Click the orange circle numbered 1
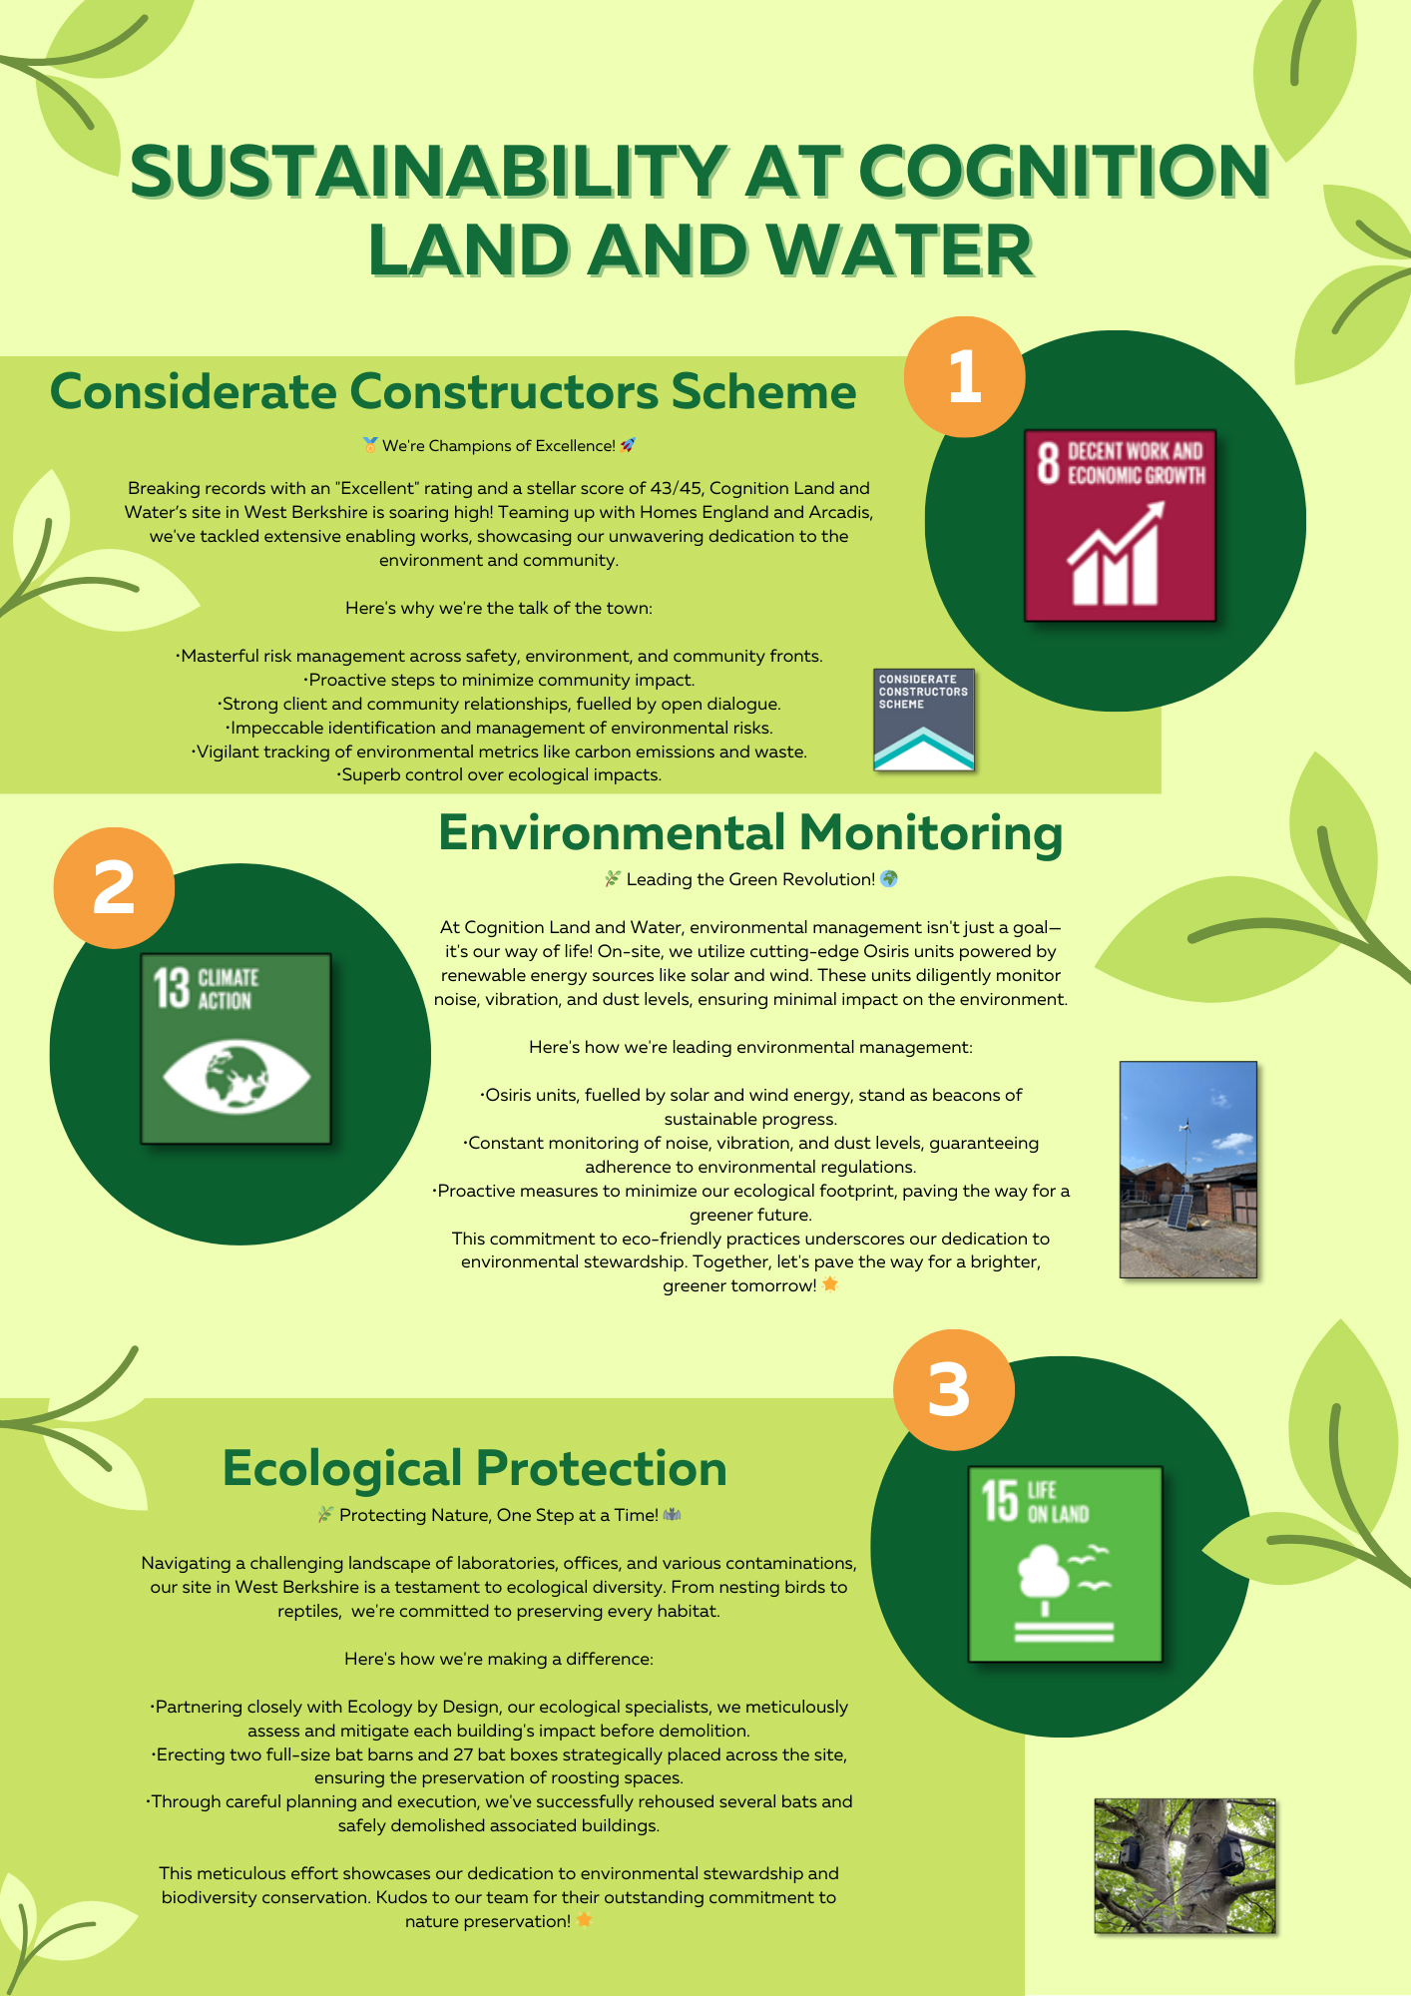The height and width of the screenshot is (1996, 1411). (964, 377)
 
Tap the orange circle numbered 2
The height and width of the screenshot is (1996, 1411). (114, 887)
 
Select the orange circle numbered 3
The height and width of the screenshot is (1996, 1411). (953, 1389)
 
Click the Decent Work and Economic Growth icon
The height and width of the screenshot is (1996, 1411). (1120, 525)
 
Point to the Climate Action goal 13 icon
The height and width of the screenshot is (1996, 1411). (235, 1048)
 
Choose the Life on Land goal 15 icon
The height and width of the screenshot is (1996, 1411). (1065, 1563)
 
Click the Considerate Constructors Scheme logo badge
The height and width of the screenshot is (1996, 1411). (923, 719)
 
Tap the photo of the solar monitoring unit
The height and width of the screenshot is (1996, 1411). (1187, 1169)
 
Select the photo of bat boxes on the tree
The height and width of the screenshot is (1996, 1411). (1184, 1865)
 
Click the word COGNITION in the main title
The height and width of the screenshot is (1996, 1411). (1063, 172)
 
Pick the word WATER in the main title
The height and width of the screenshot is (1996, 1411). (898, 250)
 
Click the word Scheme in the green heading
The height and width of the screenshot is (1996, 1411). (763, 391)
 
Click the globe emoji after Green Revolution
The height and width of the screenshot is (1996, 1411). (889, 879)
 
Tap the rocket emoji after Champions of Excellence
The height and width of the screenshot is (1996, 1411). (628, 445)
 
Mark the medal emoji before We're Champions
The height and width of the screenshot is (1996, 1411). (370, 445)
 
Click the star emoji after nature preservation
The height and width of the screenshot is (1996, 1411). (584, 1920)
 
